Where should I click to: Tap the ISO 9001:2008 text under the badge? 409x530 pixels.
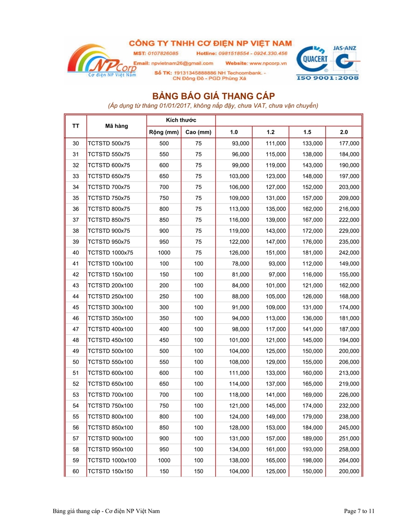[x=328, y=78]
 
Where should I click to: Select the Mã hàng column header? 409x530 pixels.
[x=116, y=126]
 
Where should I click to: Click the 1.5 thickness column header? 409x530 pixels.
[x=308, y=132]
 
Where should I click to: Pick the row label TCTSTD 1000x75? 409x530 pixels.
[x=110, y=253]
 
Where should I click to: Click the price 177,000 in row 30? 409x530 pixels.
[x=349, y=144]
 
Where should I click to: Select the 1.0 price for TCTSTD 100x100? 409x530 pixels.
[x=240, y=264]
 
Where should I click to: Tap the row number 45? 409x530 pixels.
[x=76, y=307]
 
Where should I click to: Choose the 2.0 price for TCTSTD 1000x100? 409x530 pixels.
[x=349, y=461]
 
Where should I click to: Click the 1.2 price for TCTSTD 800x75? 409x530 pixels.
[x=276, y=209]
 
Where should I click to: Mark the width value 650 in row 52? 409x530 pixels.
[x=164, y=384]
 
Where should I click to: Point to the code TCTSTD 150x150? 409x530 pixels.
[x=110, y=472]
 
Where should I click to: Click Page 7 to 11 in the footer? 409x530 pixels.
[x=359, y=511]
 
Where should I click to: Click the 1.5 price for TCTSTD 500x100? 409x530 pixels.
[x=312, y=351]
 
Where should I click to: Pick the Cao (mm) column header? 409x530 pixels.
[x=198, y=132]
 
